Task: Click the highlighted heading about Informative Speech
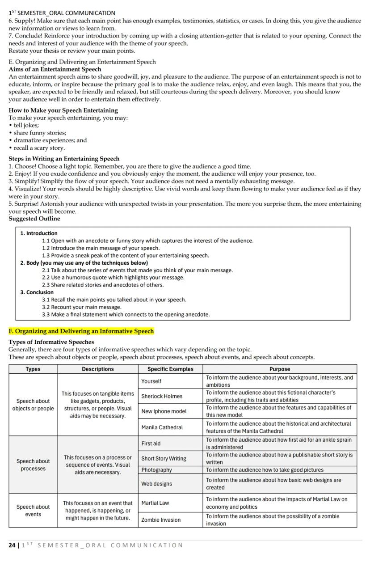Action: click(x=81, y=331)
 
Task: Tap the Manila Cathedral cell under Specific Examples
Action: click(x=162, y=427)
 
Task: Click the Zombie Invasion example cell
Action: click(x=161, y=520)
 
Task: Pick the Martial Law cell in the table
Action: click(x=155, y=503)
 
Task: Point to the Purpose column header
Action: click(x=280, y=369)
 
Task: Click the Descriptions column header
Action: click(x=97, y=369)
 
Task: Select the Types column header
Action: click(x=33, y=369)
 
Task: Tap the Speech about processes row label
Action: click(x=33, y=465)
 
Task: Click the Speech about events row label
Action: click(x=33, y=511)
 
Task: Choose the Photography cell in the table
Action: click(x=156, y=470)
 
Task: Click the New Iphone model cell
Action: click(x=164, y=411)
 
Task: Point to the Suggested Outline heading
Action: click(x=34, y=219)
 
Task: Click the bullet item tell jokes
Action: click(x=26, y=125)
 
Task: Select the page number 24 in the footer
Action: click(x=12, y=545)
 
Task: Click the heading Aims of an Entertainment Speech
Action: click(x=55, y=69)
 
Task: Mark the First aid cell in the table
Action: click(x=151, y=444)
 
